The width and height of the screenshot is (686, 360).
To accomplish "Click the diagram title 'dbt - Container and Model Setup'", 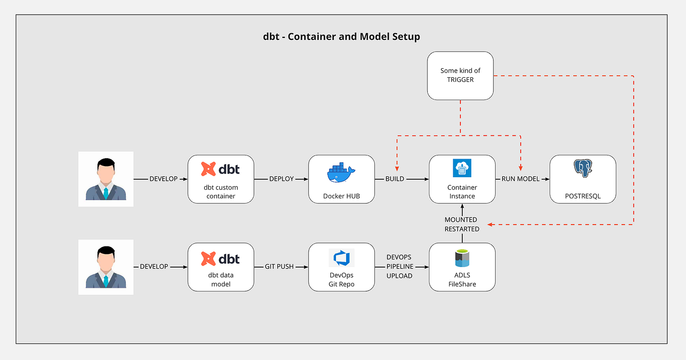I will (x=341, y=36).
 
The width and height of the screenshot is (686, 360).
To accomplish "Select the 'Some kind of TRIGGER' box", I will (x=460, y=75).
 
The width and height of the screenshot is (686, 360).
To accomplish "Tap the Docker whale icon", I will (x=341, y=173).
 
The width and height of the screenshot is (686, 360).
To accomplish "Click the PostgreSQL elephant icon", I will (x=582, y=169).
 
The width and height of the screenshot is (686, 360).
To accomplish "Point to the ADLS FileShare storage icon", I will (x=462, y=258).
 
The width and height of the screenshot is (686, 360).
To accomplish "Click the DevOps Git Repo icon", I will (x=341, y=258).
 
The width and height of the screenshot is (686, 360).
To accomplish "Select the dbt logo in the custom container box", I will (x=220, y=169).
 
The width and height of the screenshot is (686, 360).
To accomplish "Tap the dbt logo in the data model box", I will (x=220, y=259).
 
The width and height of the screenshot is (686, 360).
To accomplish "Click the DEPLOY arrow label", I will (x=281, y=179).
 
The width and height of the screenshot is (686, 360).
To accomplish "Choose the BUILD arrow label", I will (x=395, y=179).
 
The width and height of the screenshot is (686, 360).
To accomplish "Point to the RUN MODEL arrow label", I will (x=520, y=179).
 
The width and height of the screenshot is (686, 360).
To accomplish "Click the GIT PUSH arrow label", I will (x=279, y=267).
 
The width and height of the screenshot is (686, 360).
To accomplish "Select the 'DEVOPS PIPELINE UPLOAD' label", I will (x=399, y=267).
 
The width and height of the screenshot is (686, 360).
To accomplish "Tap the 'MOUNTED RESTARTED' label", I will (x=462, y=224).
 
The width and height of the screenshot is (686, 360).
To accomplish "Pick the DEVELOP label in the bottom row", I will (x=154, y=267).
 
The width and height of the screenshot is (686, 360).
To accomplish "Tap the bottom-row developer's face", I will (x=106, y=260).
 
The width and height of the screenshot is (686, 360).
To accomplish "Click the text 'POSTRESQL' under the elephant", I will (x=582, y=196).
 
